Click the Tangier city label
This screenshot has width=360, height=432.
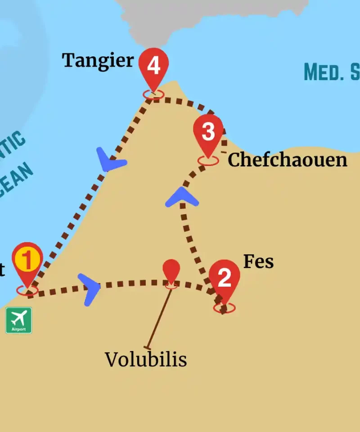pyautogui.click(x=98, y=60)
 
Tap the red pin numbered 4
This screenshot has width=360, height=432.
pyautogui.click(x=153, y=67)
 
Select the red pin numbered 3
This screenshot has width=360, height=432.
pyautogui.click(x=208, y=132)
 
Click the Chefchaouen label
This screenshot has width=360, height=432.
pyautogui.click(x=287, y=160)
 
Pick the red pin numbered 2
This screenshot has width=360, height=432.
pyautogui.click(x=224, y=279)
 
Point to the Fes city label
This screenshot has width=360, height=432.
pyautogui.click(x=258, y=262)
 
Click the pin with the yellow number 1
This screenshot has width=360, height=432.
pyautogui.click(x=27, y=261)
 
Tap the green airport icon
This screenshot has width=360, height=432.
pyautogui.click(x=18, y=320)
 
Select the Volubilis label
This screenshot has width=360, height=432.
pyautogui.click(x=145, y=360)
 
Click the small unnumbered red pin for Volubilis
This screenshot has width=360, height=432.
pyautogui.click(x=171, y=270)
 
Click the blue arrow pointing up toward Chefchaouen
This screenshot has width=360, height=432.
pyautogui.click(x=182, y=198)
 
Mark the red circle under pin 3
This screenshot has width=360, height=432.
pyautogui.click(x=208, y=161)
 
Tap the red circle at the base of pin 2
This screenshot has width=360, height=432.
pyautogui.click(x=224, y=308)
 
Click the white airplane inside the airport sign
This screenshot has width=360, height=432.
pyautogui.click(x=18, y=318)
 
